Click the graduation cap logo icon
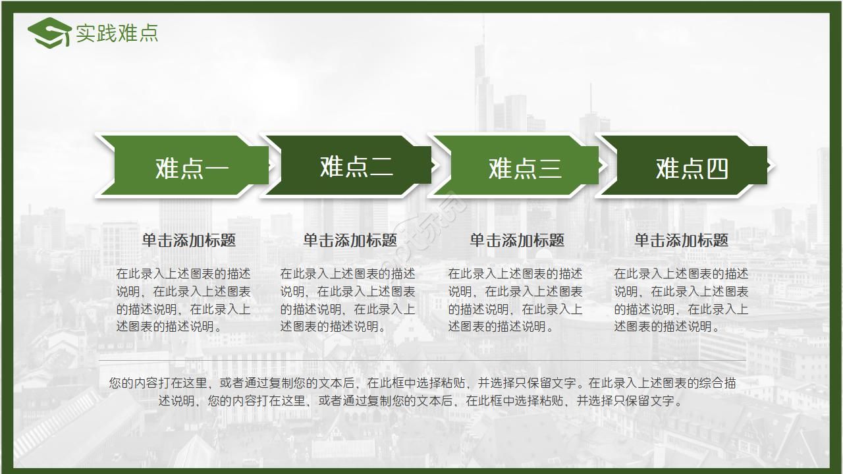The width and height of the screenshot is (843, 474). click(x=49, y=33)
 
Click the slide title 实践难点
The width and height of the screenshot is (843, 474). click(x=117, y=33)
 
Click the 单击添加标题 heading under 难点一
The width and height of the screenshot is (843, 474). click(x=189, y=240)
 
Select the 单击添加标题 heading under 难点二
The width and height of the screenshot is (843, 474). click(x=350, y=240)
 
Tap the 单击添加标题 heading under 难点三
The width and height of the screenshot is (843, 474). click(x=517, y=240)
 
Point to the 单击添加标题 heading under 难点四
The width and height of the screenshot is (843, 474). click(x=682, y=240)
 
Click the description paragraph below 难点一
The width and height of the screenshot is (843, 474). click(x=184, y=300)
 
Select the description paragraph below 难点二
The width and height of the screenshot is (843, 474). click(x=348, y=300)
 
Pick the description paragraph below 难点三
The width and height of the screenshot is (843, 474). click(x=516, y=300)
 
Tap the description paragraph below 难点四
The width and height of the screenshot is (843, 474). click(x=682, y=300)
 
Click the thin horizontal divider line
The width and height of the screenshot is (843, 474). click(x=421, y=361)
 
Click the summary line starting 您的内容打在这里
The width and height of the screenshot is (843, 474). click(x=421, y=382)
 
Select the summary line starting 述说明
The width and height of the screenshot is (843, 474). click(x=421, y=400)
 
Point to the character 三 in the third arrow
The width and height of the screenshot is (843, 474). click(x=550, y=169)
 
